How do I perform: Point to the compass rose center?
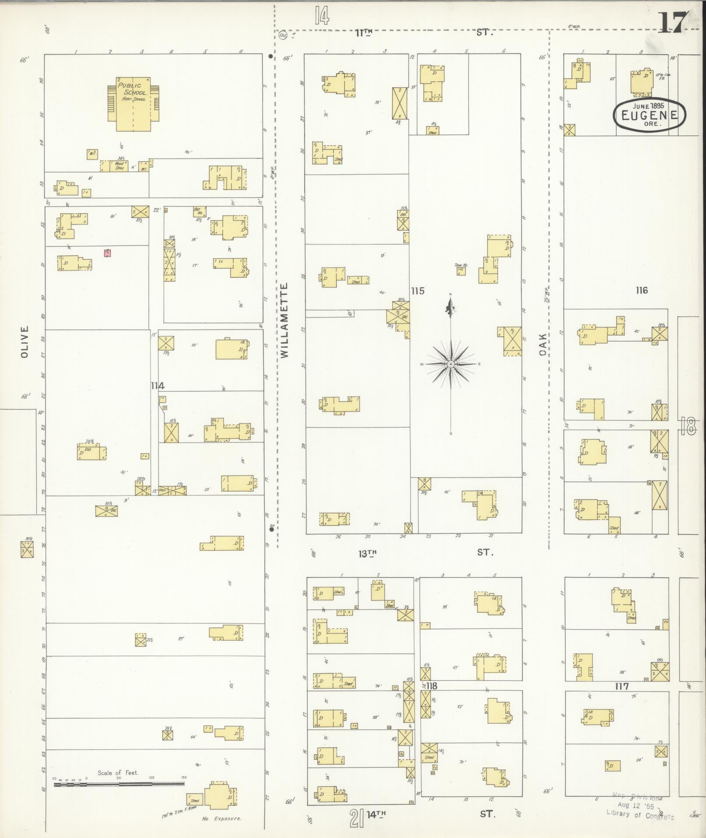click(x=451, y=364)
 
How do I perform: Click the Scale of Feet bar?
click(x=119, y=784)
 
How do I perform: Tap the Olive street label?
click(x=25, y=341)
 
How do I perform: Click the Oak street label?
click(x=543, y=344)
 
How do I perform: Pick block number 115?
click(x=418, y=291)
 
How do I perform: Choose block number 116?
click(x=642, y=290)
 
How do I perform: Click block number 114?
click(x=158, y=386)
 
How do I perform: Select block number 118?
click(x=432, y=686)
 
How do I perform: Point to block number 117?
click(x=622, y=686)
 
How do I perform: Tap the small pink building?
click(x=107, y=253)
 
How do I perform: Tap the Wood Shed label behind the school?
click(x=119, y=166)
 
